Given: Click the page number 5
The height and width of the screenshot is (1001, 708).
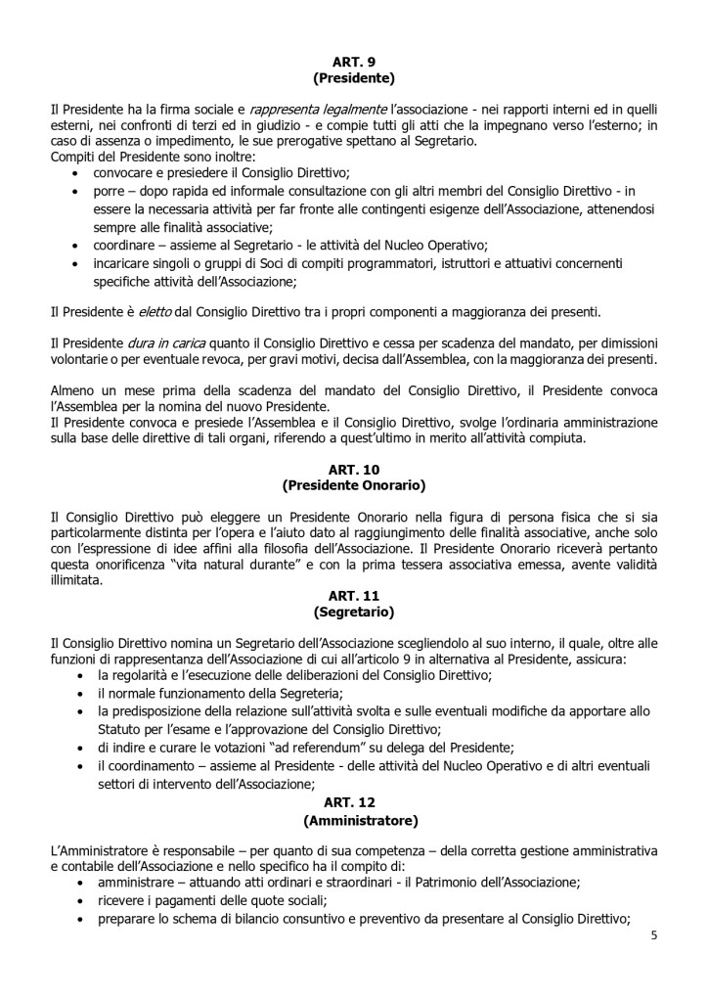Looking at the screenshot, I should coord(654,934).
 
